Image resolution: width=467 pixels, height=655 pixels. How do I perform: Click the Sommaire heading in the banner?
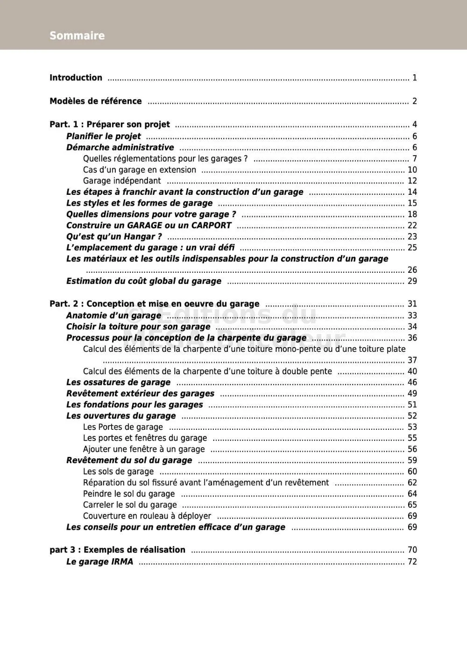coord(77,36)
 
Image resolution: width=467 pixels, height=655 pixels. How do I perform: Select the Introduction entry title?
coord(76,78)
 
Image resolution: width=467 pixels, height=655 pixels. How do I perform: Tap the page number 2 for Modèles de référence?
coord(414,101)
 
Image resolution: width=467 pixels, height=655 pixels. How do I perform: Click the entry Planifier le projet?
coord(103,136)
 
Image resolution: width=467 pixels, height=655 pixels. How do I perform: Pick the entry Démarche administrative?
coord(120,148)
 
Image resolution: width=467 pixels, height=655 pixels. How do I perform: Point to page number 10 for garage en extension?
coord(412,170)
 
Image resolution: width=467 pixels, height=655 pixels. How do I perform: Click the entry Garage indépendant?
coord(122,181)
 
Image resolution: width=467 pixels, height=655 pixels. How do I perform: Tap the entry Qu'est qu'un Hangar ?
coord(114,236)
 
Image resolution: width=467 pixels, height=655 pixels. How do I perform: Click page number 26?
coord(412,270)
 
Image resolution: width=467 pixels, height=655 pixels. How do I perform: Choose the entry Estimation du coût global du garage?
coord(144,281)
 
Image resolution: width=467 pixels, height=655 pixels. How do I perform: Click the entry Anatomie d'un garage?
coord(113,315)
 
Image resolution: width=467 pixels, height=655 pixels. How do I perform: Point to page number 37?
coord(412,360)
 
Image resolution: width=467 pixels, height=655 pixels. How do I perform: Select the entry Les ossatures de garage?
coord(118,382)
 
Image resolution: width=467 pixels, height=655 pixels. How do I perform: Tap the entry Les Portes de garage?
coord(123,427)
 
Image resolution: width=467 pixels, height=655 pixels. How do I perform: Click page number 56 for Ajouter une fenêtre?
coord(412,449)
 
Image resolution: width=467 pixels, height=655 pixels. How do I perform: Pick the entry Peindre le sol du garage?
coord(129,494)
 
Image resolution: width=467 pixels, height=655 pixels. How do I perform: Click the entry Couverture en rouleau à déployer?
coord(147,516)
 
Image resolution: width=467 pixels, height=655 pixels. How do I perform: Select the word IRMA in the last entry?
coord(122,562)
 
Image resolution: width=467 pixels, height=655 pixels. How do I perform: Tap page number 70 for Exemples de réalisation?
coord(412,550)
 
